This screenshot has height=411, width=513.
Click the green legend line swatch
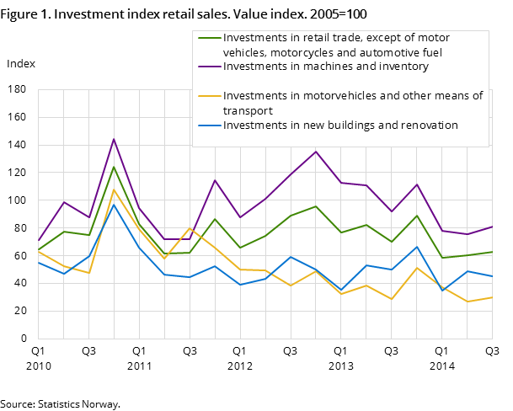209,38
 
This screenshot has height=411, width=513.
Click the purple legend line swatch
209,67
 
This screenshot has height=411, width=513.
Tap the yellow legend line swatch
209,96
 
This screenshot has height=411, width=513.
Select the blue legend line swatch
209,125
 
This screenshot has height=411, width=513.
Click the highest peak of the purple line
114,139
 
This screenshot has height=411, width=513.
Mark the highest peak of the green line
114,167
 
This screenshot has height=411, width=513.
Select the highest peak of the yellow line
114,190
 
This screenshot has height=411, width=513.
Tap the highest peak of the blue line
114,205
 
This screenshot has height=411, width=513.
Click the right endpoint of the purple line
492,227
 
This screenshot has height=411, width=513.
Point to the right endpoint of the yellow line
492,297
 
